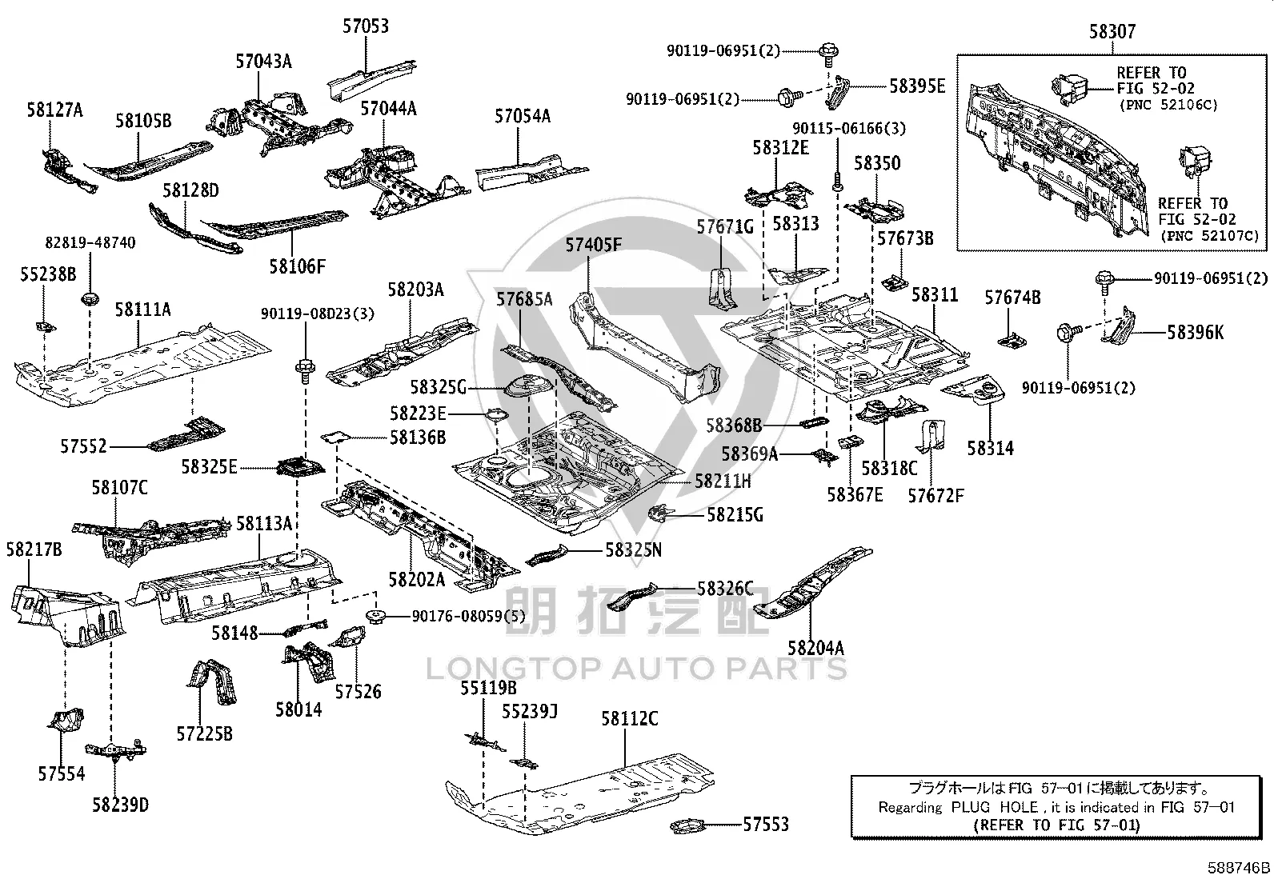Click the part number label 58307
point(1112,31)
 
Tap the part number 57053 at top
point(366,26)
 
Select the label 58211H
point(723,481)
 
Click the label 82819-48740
point(90,243)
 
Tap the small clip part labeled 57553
point(687,825)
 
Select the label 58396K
point(1195,333)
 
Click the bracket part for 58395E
point(837,92)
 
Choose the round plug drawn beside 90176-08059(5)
point(375,616)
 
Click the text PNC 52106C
point(1168,106)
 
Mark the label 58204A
point(815,648)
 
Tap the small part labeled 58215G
point(661,513)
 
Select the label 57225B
point(204,734)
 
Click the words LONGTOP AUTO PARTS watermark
point(636,669)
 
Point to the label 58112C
point(629,719)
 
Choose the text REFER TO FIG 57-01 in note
point(1056,825)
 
